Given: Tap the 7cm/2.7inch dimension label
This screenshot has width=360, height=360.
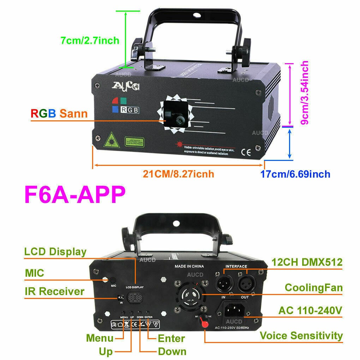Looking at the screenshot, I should [x=90, y=41].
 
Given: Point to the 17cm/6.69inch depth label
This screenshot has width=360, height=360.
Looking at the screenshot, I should [x=295, y=174].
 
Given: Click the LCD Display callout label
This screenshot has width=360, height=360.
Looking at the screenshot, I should [x=55, y=252].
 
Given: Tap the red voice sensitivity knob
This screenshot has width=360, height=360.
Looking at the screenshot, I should [x=204, y=321].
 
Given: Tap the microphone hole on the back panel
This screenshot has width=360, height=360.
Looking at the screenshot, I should [x=105, y=279].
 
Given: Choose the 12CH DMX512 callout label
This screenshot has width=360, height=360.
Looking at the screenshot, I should [x=307, y=262].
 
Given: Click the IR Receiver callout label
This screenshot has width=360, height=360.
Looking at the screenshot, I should [x=54, y=292].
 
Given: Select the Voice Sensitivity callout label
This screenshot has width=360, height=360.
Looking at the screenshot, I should [x=301, y=335].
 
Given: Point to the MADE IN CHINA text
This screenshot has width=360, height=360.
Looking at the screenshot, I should [x=190, y=266].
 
